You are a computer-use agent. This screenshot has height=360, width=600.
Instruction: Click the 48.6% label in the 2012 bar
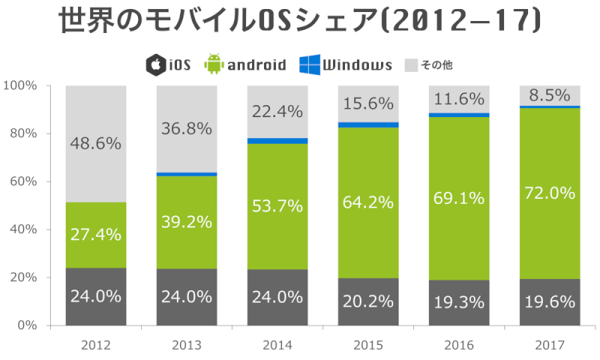[x=96, y=143]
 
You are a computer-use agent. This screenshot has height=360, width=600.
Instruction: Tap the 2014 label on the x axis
[x=277, y=346]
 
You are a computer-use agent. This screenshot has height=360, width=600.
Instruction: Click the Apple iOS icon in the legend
[x=155, y=64]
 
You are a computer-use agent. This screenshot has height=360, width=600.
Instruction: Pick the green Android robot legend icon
[x=214, y=64]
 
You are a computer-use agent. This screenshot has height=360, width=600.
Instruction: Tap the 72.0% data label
[x=550, y=193]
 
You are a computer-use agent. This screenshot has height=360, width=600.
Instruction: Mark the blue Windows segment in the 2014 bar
[x=277, y=141]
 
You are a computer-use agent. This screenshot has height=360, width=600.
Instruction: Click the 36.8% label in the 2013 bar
[x=187, y=128]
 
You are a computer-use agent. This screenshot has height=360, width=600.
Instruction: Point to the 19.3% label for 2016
[x=459, y=304]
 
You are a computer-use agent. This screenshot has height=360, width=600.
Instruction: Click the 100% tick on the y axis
[x=20, y=85]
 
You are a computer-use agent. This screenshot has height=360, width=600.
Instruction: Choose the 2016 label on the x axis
[x=459, y=346]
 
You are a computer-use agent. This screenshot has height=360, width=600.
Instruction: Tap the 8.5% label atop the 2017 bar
[x=550, y=96]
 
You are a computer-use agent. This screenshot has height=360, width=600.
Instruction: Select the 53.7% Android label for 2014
[x=277, y=205]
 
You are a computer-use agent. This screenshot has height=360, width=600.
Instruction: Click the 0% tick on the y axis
[x=26, y=325]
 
